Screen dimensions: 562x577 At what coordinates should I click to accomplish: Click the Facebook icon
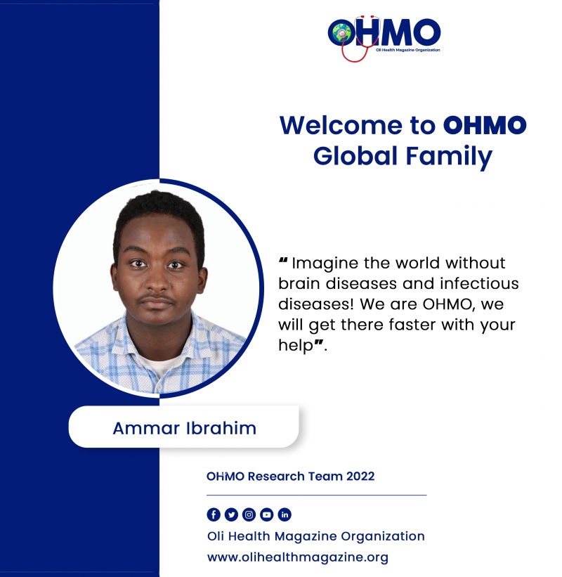coord(214,514)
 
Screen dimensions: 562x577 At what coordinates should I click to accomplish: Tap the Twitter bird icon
coord(231,514)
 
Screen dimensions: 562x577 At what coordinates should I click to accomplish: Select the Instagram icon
coord(249,514)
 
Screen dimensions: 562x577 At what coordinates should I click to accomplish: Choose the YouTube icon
coord(267,514)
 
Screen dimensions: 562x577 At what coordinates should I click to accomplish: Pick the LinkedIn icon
coord(285,514)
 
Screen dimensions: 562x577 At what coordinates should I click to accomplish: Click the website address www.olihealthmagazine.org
coord(298,557)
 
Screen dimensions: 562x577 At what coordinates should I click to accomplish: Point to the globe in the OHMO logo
coord(341,33)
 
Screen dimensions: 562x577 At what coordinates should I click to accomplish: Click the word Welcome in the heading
coord(341,126)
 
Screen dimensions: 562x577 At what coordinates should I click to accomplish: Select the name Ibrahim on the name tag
coord(221,428)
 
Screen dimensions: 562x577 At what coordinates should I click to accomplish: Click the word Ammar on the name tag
coord(146,428)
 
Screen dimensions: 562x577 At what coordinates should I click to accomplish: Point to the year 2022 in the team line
coord(360,476)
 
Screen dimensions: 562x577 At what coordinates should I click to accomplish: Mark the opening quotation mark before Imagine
coord(283,260)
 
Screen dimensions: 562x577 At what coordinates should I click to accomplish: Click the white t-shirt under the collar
coord(159,365)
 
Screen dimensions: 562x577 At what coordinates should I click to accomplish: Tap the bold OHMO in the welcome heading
coord(485,126)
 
